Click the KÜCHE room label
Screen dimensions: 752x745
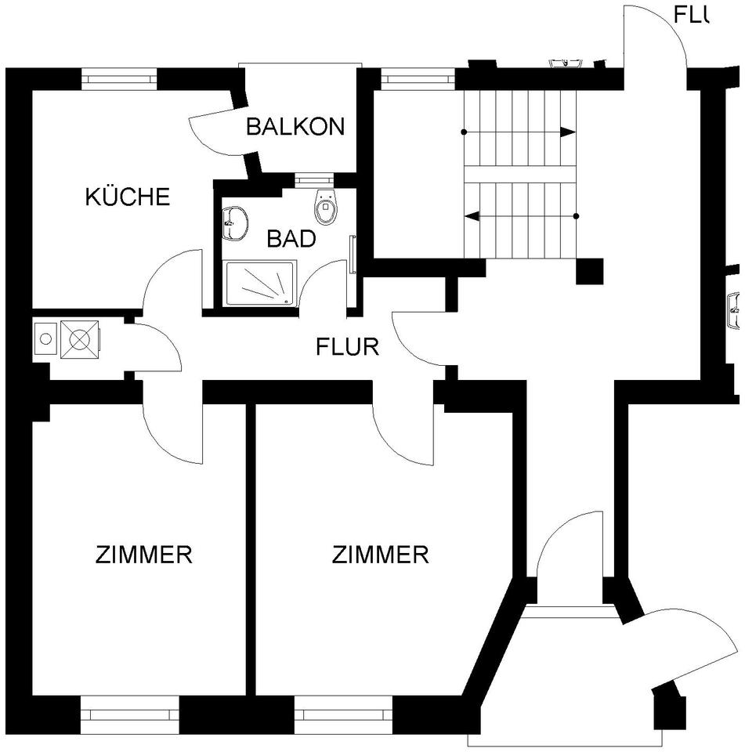127,196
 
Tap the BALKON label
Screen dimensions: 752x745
295,127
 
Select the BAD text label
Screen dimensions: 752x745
291,238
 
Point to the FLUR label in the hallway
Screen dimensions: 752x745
347,346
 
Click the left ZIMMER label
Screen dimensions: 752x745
143,555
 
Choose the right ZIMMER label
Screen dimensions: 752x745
380,555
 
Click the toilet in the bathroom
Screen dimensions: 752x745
324,206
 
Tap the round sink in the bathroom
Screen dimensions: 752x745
234,222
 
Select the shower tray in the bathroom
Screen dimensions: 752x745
261,284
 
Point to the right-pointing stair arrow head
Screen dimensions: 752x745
570,132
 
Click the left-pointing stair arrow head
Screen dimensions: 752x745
472,215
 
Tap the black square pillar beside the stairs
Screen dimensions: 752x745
590,271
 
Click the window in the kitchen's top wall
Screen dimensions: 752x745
120,78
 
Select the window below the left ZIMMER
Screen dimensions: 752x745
130,714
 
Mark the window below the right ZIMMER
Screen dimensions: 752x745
343,714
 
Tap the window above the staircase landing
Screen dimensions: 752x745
417,78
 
